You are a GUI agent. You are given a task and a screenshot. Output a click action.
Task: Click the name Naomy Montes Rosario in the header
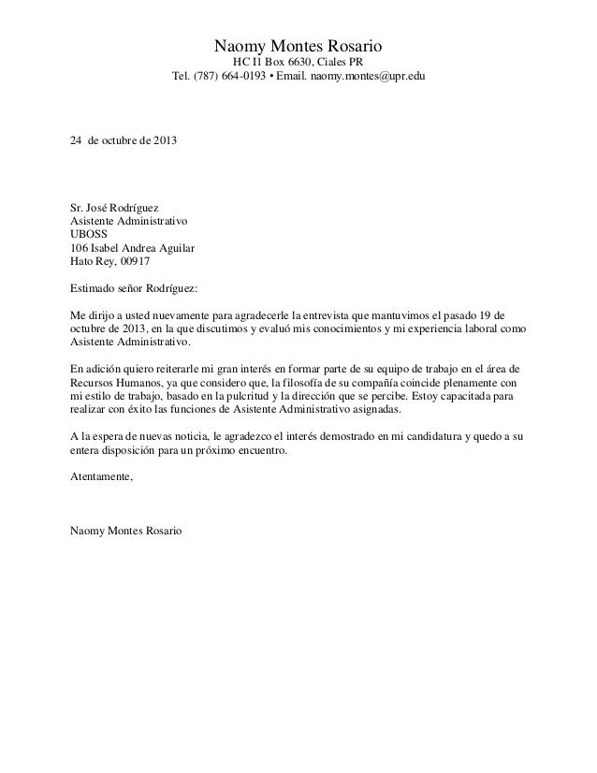point(299,46)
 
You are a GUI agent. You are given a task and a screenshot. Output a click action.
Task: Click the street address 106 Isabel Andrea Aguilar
point(134,248)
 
